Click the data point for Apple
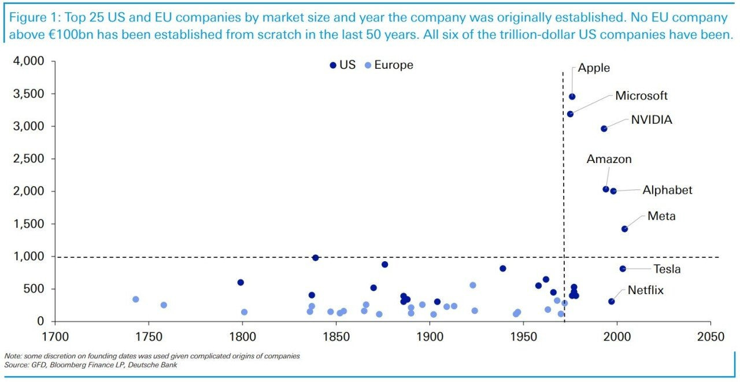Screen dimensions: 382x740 [572, 97]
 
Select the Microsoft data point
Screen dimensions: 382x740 [570, 114]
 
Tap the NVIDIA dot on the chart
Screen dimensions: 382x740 [604, 128]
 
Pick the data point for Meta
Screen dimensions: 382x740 [624, 229]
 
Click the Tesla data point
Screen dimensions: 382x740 [623, 269]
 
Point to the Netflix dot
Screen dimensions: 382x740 [611, 301]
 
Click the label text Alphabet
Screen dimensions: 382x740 [667, 190]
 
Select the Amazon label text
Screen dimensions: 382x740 [609, 159]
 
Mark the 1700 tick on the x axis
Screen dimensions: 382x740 [54, 336]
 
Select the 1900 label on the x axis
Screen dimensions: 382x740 [430, 336]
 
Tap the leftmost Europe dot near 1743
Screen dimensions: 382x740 [136, 299]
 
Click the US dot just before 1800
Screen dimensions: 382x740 [240, 283]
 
